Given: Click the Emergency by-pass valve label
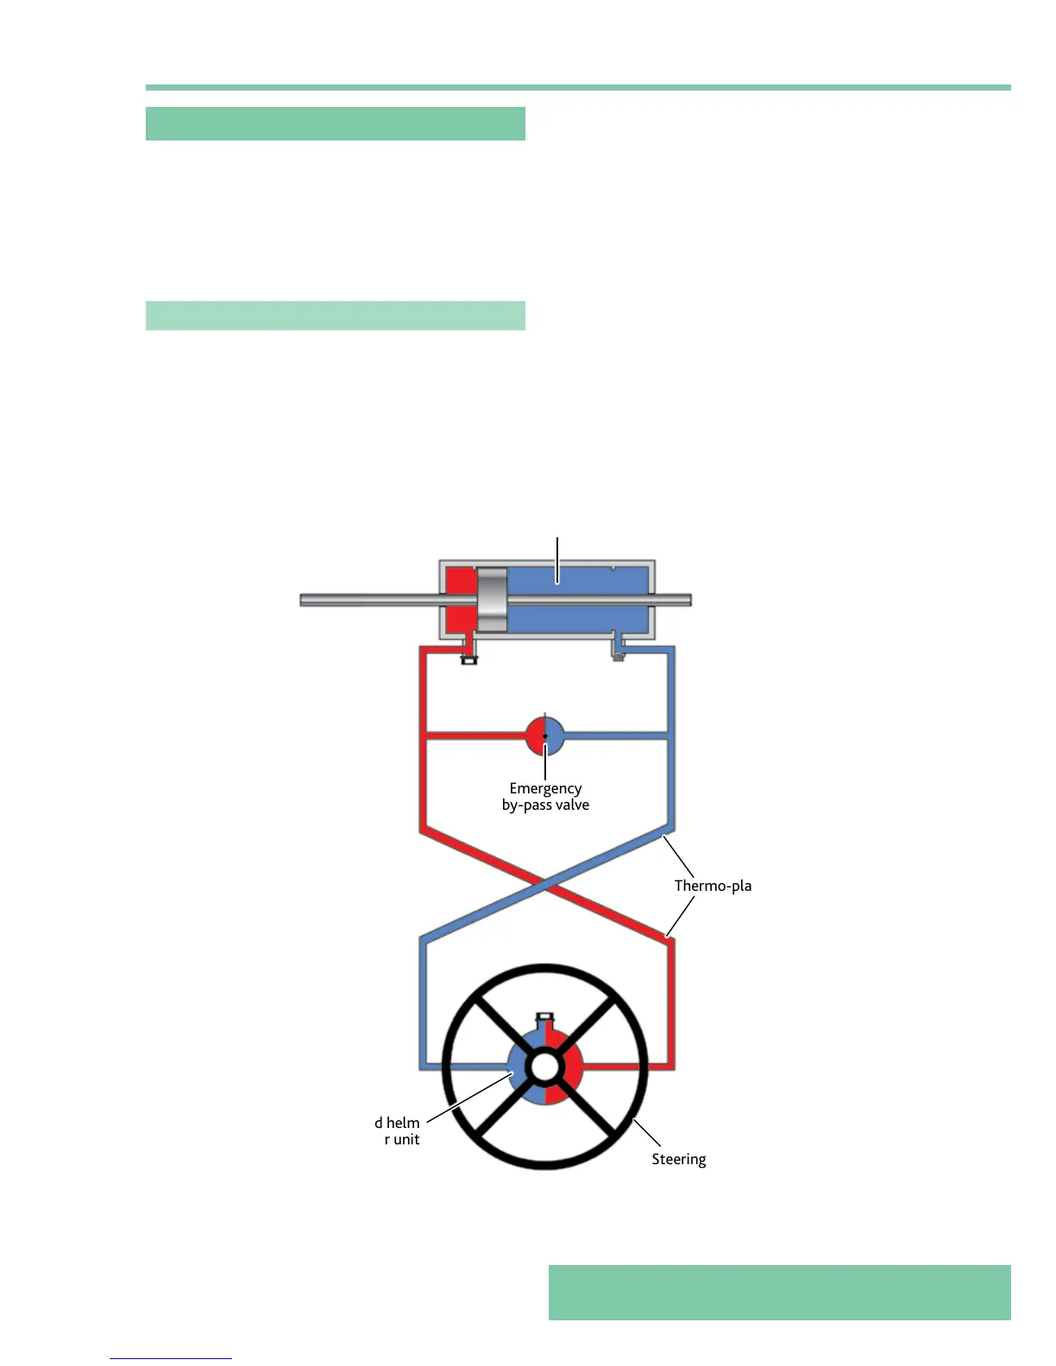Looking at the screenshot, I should coord(545,796).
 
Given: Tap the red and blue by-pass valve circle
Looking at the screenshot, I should coord(545,736).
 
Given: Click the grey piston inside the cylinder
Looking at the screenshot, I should coord(492,599).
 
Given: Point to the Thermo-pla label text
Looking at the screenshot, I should coord(713,886).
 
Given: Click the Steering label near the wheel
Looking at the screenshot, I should coord(678,1159).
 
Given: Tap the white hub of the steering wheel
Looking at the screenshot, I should coord(544,1067).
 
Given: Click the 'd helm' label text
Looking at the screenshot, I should coord(397,1122).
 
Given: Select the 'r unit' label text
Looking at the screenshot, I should coord(402,1139).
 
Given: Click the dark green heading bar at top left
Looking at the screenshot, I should coord(335,123).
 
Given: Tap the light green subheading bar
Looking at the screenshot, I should coord(335,316).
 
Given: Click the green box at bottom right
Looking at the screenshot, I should coord(779,1292).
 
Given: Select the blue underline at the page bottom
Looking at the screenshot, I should coord(171,1358).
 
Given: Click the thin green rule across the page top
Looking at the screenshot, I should coord(578,87).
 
